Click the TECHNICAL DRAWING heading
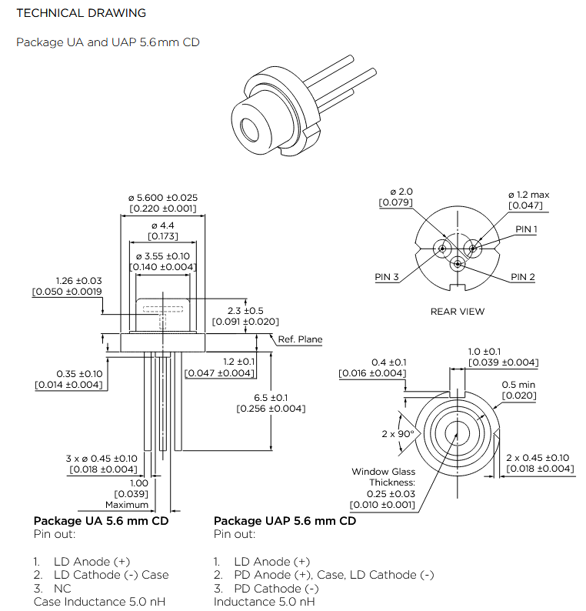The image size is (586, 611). [81, 13]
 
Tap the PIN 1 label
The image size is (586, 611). [526, 229]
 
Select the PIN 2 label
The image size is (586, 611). [523, 277]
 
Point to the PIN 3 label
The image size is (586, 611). [387, 277]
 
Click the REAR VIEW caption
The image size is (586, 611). [458, 312]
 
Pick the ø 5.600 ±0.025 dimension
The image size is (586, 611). [162, 198]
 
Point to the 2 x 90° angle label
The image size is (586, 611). [398, 434]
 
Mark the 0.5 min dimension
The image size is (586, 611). [519, 385]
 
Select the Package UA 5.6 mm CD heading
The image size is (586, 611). [101, 521]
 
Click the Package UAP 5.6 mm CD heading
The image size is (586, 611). [285, 521]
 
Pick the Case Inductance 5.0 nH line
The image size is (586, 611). [99, 602]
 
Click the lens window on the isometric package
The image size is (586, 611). [251, 127]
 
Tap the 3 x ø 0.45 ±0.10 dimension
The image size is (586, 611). [102, 459]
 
